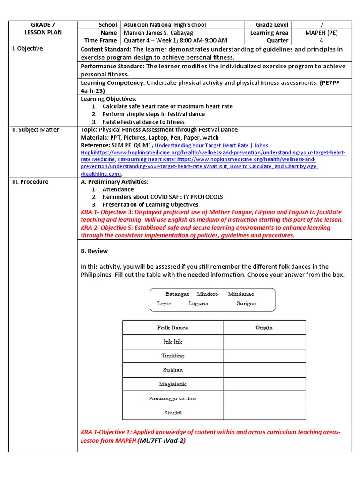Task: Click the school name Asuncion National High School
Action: click(x=165, y=25)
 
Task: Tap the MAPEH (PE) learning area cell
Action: click(x=322, y=33)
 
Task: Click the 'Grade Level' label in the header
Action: click(x=272, y=25)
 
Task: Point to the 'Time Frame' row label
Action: click(x=100, y=41)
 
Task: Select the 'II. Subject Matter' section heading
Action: click(x=35, y=130)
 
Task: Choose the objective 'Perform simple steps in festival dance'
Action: click(x=153, y=114)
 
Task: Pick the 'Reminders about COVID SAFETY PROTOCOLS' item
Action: click(x=163, y=197)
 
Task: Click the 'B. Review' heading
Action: click(x=94, y=251)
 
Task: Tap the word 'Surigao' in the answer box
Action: click(x=246, y=304)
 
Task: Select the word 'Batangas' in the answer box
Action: click(x=177, y=294)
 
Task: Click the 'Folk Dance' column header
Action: click(x=172, y=328)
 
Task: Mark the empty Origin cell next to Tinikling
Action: click(x=264, y=356)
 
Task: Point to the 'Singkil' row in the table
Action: click(x=172, y=413)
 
